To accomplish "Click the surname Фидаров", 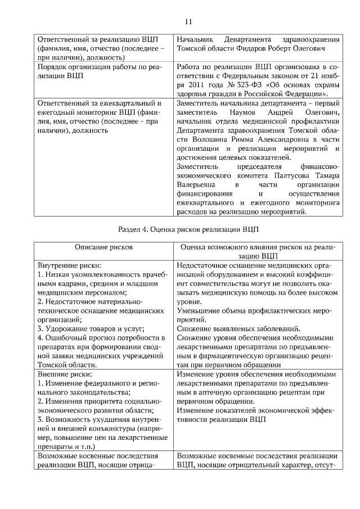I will (260, 48).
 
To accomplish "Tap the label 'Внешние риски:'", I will (64, 374).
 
